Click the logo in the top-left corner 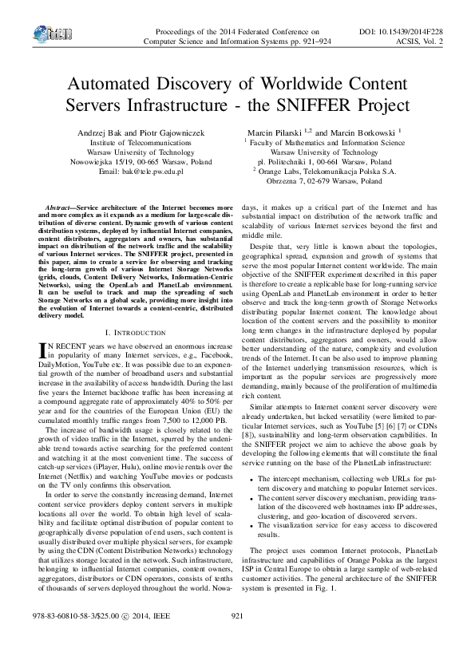(x=49, y=32)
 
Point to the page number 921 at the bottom (x=236, y=638)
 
